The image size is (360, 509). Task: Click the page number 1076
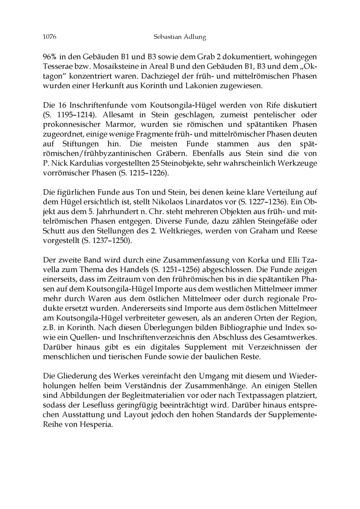tap(49, 37)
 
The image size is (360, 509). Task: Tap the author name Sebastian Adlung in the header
tap(180, 37)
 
